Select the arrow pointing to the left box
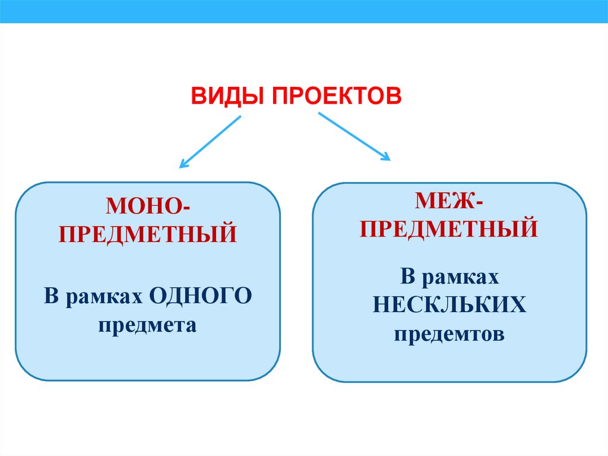pyautogui.click(x=211, y=141)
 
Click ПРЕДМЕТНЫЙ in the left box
pyautogui.click(x=148, y=233)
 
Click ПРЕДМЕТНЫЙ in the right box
pyautogui.click(x=449, y=229)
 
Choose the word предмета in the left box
pyautogui.click(x=148, y=325)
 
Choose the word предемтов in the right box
pyautogui.click(x=449, y=334)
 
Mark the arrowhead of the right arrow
pyautogui.click(x=386, y=156)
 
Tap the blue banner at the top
pyautogui.click(x=304, y=11)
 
